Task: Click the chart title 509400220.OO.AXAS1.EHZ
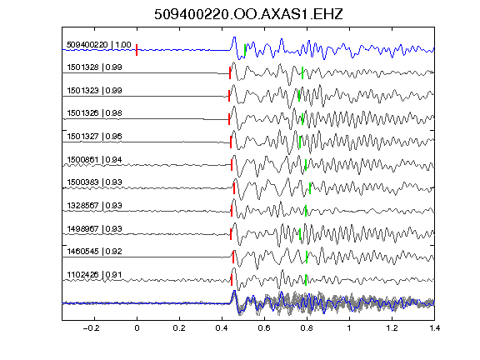(248, 14)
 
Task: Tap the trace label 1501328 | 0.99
(94, 67)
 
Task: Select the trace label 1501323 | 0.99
(94, 91)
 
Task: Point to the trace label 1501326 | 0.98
(94, 113)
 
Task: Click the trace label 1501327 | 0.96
(94, 137)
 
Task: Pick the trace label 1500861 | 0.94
(94, 160)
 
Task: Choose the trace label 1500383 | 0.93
(94, 182)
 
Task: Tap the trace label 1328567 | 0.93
(94, 205)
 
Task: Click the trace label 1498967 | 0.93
(94, 229)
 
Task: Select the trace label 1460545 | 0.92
(94, 252)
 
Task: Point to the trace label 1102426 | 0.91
(94, 275)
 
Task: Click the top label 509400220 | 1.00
(99, 45)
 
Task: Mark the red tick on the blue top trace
(137, 50)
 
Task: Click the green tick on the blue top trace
(245, 50)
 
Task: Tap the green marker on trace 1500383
(310, 188)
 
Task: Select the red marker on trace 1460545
(233, 257)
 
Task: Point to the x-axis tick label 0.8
(307, 328)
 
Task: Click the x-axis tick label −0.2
(91, 328)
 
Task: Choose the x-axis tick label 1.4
(434, 328)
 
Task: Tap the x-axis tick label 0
(137, 328)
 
